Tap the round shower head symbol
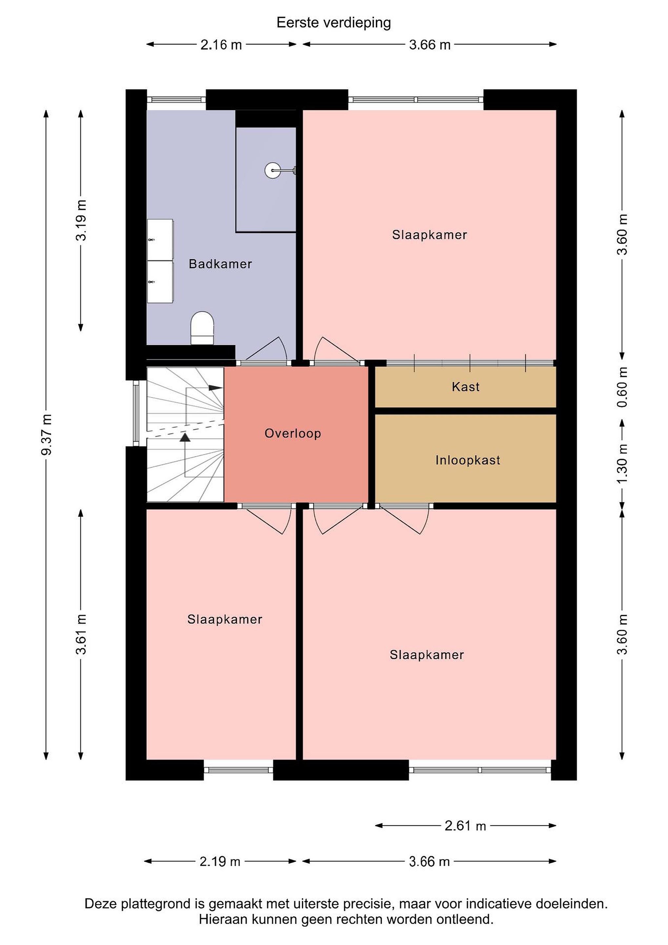point(272,170)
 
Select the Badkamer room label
point(220,264)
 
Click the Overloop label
point(293,433)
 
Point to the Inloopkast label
point(468,460)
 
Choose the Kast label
point(466,387)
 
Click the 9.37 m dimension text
point(47,435)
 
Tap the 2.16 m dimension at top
point(221,44)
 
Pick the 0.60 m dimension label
point(622,387)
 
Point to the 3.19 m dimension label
point(81,220)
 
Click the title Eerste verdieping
point(334,23)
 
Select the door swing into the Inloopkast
point(404,518)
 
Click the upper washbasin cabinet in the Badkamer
point(160,240)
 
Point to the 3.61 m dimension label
point(81,634)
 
